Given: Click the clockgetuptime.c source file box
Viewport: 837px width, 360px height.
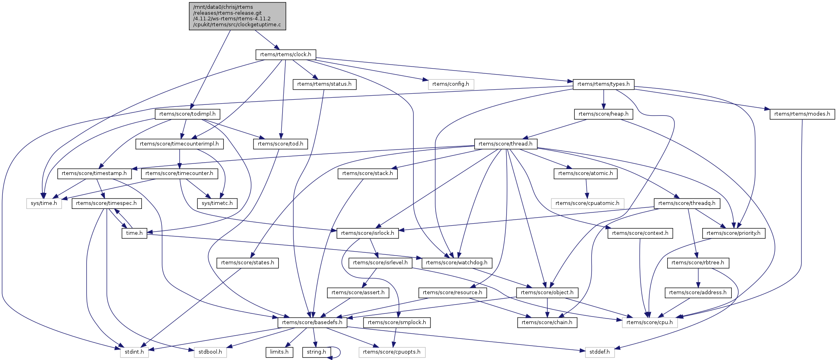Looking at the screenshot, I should tap(238, 16).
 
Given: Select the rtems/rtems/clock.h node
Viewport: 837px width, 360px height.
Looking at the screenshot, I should tap(285, 54).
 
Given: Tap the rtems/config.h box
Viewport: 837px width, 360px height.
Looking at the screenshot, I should tap(450, 84).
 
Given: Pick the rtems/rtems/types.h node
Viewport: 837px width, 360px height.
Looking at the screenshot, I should tap(603, 84).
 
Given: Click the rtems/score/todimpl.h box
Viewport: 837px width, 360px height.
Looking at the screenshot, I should tap(187, 114).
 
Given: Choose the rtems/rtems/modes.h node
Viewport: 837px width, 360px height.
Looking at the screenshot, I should tap(802, 114).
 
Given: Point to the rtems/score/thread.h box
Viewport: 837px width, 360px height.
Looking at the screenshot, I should tap(505, 144).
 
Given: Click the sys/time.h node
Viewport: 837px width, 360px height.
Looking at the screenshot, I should tap(44, 203).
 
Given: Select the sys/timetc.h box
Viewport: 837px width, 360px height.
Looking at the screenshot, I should tap(217, 203).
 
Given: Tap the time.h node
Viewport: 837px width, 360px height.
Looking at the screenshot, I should tap(134, 233).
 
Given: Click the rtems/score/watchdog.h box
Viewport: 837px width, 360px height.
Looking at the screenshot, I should tap(456, 263).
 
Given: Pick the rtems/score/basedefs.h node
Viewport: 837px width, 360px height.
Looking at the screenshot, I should tap(312, 323).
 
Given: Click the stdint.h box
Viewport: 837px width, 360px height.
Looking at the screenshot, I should tap(134, 352).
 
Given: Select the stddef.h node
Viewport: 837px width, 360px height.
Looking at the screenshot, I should tap(599, 352).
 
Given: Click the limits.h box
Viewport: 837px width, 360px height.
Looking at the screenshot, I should tap(279, 352).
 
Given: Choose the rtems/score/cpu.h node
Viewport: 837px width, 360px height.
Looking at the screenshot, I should tap(649, 323).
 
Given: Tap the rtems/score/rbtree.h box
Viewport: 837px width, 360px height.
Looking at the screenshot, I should tap(698, 263).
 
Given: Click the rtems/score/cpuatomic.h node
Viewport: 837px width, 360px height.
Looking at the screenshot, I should tap(587, 203).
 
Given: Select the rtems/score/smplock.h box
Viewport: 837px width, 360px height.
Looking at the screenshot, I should tap(397, 323).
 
